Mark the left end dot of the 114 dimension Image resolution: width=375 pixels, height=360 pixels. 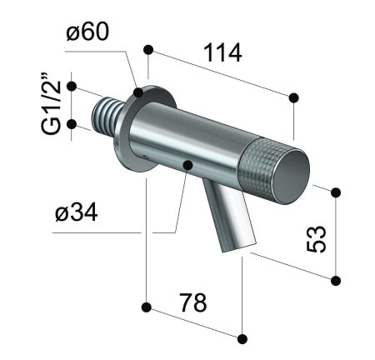[148, 49]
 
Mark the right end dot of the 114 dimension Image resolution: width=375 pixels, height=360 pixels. [294, 98]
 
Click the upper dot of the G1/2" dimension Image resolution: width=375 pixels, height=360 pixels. [72, 86]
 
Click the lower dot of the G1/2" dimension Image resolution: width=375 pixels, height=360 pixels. [72, 124]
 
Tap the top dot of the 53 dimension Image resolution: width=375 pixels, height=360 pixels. [337, 192]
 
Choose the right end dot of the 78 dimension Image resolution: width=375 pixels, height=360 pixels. [242, 338]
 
